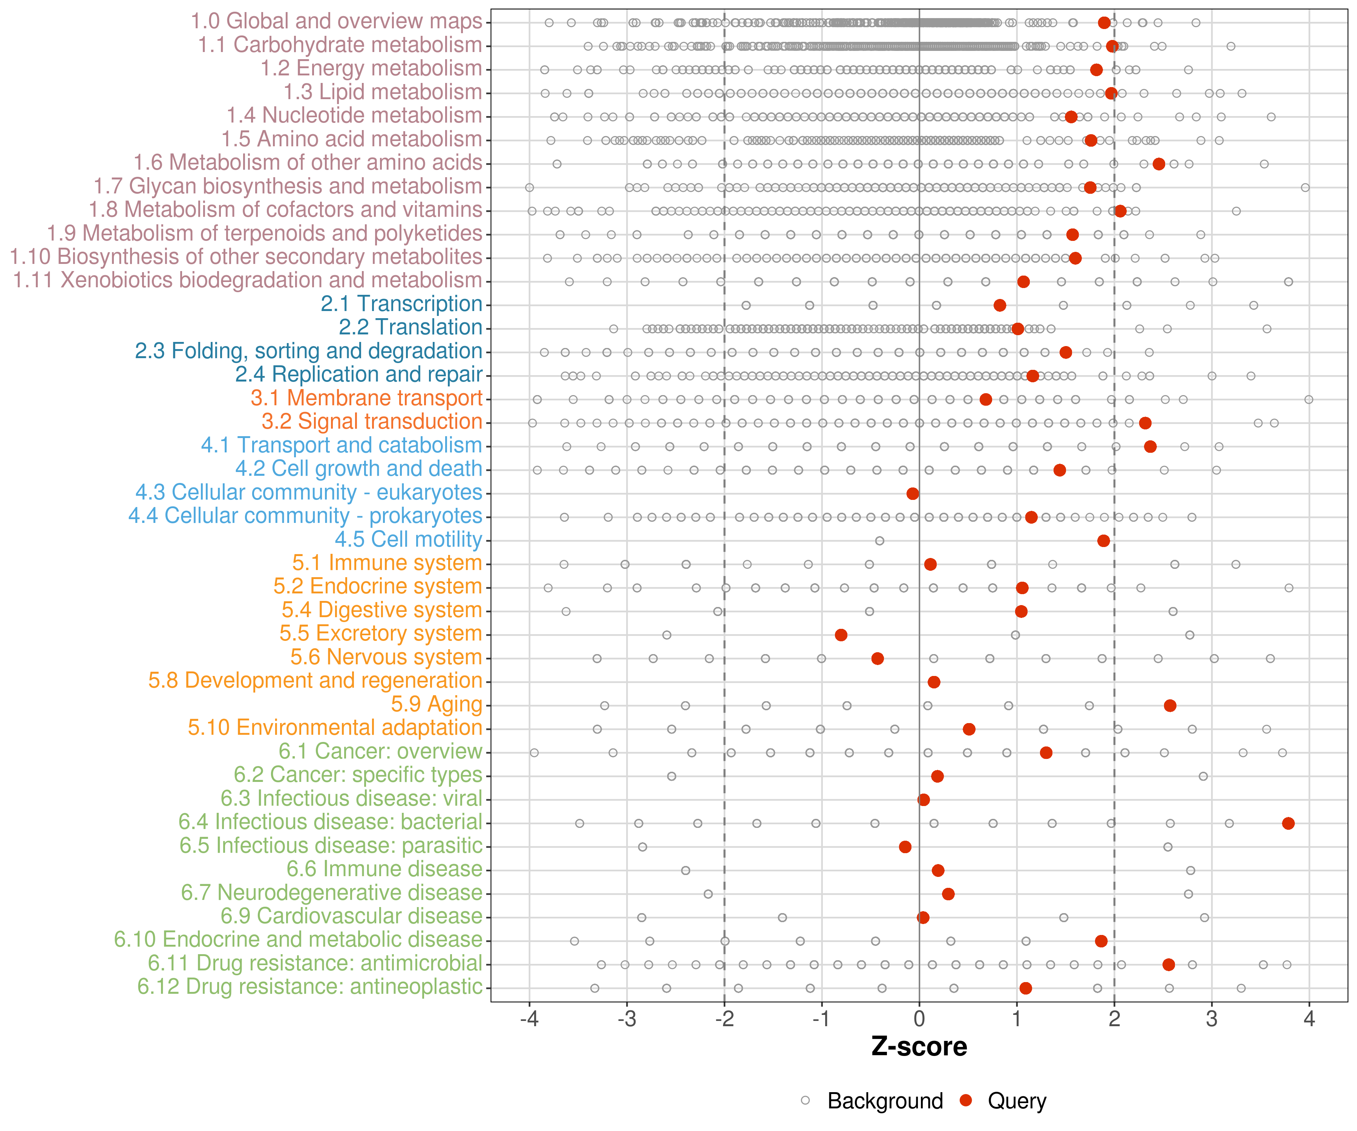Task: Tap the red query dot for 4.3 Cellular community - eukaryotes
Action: [913, 494]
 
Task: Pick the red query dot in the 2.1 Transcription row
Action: [1000, 305]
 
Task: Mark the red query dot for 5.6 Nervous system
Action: [878, 659]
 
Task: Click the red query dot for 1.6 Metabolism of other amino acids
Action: [1159, 164]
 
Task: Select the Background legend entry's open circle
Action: [805, 1100]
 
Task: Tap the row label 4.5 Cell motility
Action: [408, 539]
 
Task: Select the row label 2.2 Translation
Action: [410, 328]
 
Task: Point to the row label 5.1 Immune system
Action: [387, 563]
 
